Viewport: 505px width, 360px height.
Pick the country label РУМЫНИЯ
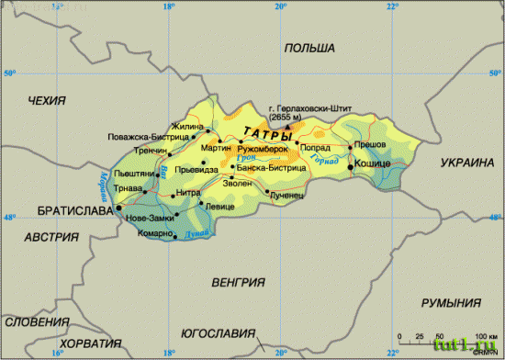[x=451, y=303]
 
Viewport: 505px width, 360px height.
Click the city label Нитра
[x=187, y=193]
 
